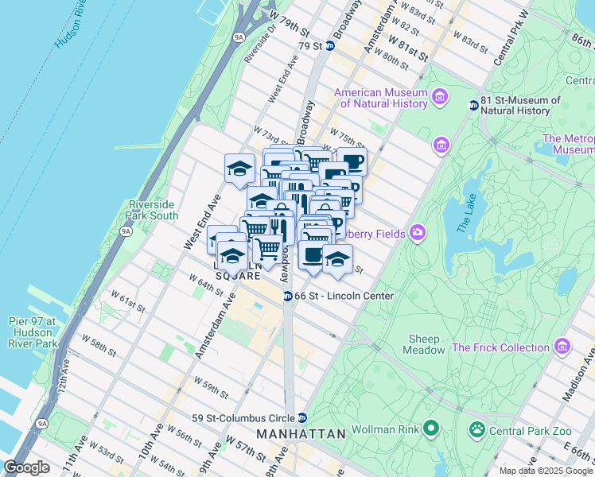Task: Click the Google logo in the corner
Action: pyautogui.click(x=27, y=467)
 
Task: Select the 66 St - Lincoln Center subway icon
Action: pyautogui.click(x=287, y=296)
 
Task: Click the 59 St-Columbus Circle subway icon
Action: pyautogui.click(x=302, y=417)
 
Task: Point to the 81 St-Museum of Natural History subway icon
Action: pyautogui.click(x=473, y=105)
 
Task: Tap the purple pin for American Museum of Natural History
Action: pyautogui.click(x=440, y=98)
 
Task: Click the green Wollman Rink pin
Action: pyautogui.click(x=432, y=429)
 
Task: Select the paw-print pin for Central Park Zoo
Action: pyautogui.click(x=477, y=429)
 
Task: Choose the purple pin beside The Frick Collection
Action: pyautogui.click(x=562, y=347)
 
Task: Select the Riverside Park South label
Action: pyautogui.click(x=153, y=210)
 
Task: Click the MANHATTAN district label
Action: pyautogui.click(x=301, y=434)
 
